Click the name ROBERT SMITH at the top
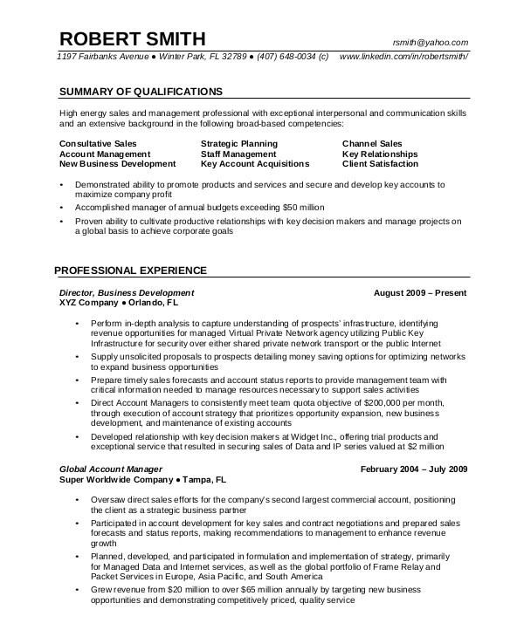(x=132, y=38)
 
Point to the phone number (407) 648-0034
(x=284, y=57)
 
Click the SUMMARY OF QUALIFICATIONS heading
(x=141, y=91)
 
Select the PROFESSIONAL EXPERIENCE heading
(x=130, y=270)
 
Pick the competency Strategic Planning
(x=238, y=143)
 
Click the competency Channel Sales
(x=372, y=143)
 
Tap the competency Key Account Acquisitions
(x=254, y=163)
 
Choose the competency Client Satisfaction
(x=380, y=163)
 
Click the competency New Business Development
(x=117, y=163)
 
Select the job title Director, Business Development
(x=126, y=292)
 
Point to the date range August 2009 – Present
(x=420, y=292)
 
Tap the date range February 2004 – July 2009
(x=414, y=469)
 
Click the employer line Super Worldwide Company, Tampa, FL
(x=142, y=479)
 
